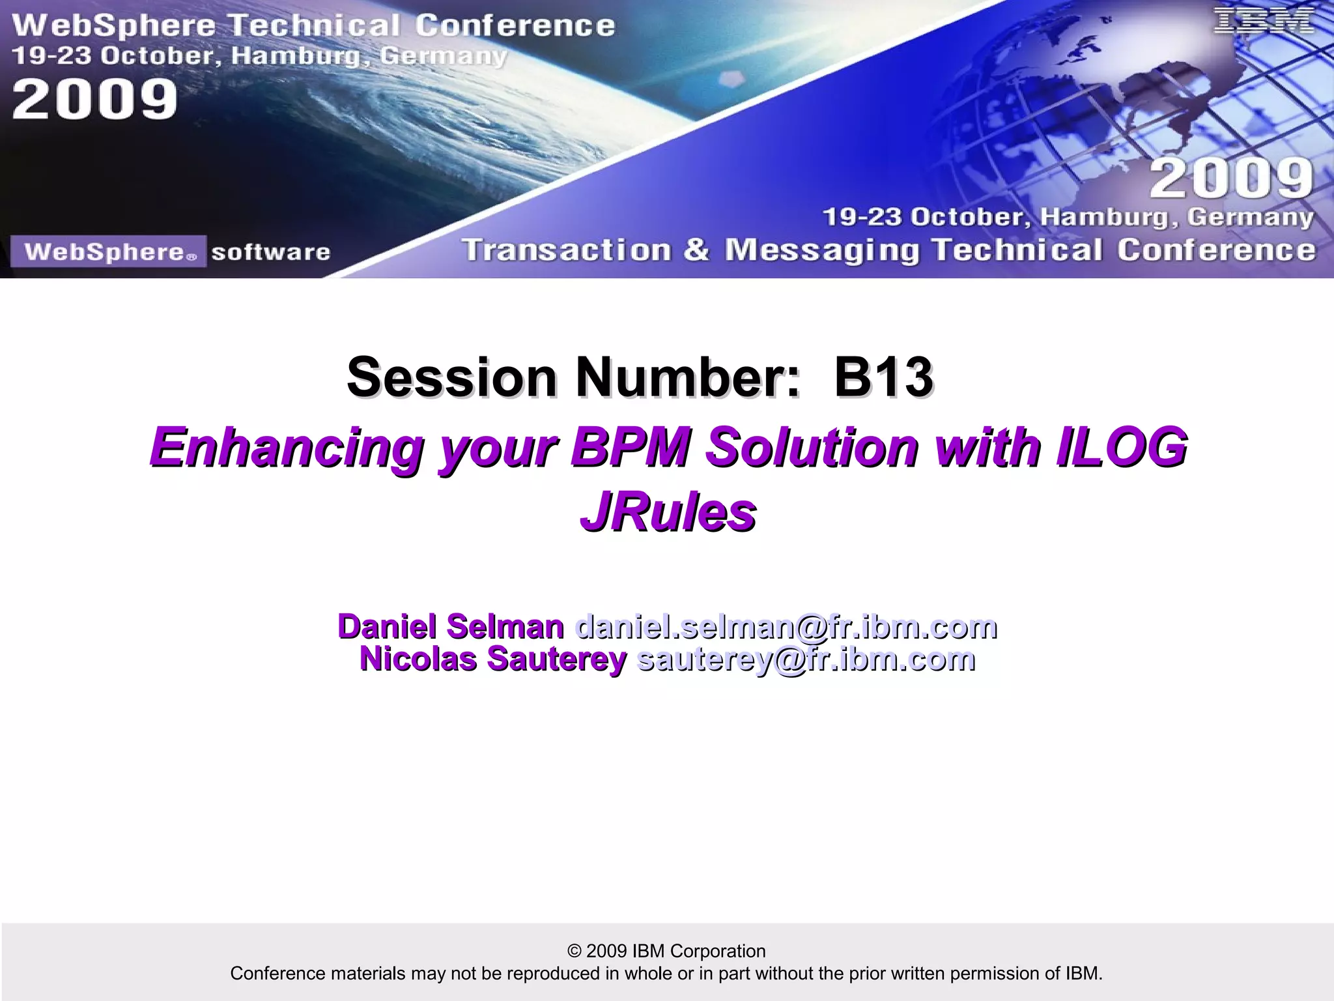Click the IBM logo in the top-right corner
[x=1262, y=21]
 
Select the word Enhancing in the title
[x=287, y=448]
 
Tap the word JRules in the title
[x=668, y=512]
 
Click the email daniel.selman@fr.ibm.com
[x=786, y=626]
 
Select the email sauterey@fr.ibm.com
[x=806, y=659]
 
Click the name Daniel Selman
[x=451, y=626]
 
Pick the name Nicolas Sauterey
[x=493, y=659]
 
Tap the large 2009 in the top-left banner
[x=94, y=99]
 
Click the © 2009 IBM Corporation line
[x=666, y=951]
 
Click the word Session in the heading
[x=451, y=377]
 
